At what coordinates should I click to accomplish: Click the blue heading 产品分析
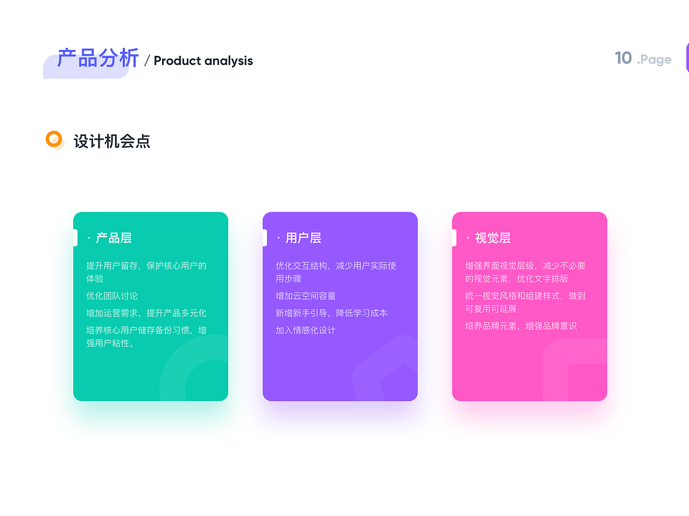coord(98,58)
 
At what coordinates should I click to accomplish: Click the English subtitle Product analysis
coord(203,61)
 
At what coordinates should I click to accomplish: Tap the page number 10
coord(623,58)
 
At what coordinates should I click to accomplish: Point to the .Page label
coord(654,60)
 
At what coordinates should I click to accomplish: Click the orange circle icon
coord(54,139)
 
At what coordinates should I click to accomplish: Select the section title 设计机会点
coord(112,141)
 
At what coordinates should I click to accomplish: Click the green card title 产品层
coord(114,238)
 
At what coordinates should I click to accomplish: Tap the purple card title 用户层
coord(303,238)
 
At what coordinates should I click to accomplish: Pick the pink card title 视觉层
coord(493,238)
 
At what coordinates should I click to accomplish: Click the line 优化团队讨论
coord(112,296)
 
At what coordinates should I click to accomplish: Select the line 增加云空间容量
coord(306,296)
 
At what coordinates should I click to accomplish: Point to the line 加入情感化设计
coord(306,331)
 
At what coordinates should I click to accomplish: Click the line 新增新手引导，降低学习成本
coord(332,313)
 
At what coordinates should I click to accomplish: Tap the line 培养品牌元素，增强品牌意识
coord(521,326)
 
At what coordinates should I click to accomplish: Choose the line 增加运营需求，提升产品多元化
coord(146,313)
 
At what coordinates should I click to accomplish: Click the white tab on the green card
coord(75,238)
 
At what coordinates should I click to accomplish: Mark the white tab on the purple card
coord(265,238)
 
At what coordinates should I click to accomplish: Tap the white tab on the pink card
coord(454,238)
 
